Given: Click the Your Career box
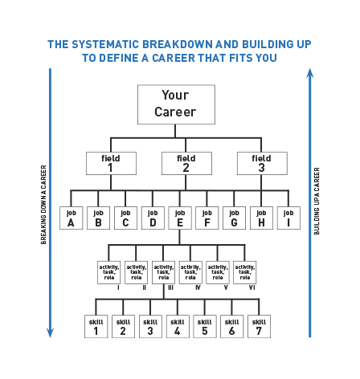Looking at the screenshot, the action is tap(176, 104).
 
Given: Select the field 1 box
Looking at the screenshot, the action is tap(111, 163).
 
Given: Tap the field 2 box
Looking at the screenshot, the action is tap(186, 163).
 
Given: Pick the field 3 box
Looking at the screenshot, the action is tap(262, 163).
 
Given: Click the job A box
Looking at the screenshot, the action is tap(72, 218).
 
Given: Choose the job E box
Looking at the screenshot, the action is tap(180, 218).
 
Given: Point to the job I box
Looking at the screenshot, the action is tap(288, 218).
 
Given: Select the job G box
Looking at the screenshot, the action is tap(234, 218).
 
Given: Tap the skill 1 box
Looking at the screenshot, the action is tap(96, 326).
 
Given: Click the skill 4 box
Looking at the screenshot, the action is tap(178, 326).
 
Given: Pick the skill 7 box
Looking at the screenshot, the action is tap(259, 326).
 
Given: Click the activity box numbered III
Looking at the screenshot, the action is tap(163, 272).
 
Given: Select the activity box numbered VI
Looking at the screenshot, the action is tap(245, 272).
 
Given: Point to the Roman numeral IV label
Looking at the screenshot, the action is tap(198, 287).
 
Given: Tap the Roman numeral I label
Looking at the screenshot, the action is tap(118, 287).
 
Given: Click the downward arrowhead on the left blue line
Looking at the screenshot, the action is tap(50, 332).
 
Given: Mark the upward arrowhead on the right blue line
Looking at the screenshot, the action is tap(310, 73).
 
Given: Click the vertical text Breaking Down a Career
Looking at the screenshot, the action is tap(43, 205).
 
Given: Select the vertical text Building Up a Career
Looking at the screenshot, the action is tap(317, 201).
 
